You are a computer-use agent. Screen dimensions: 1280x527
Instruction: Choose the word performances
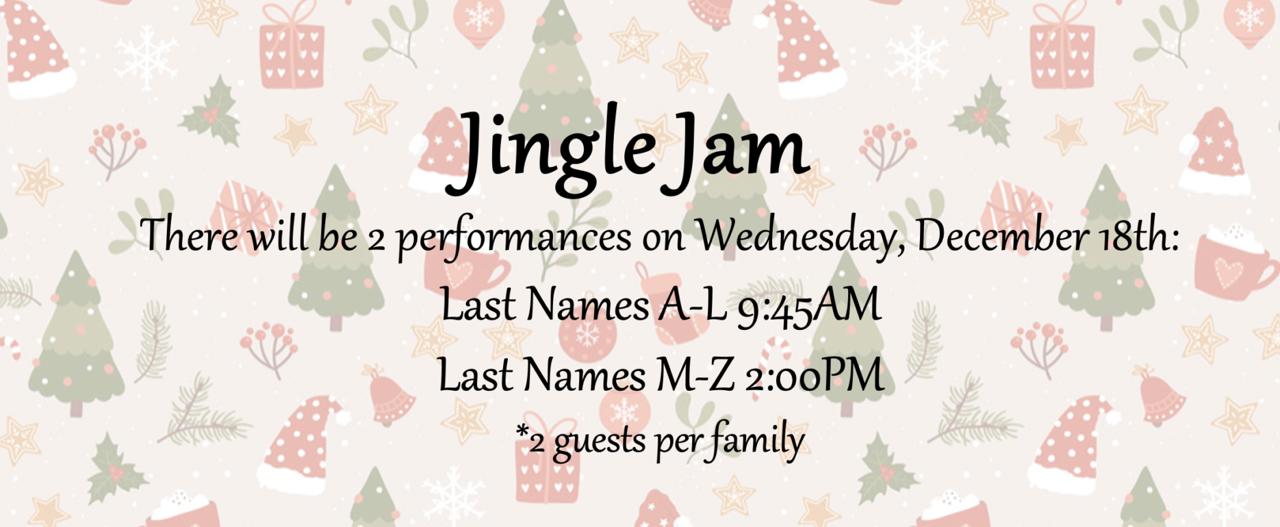514,238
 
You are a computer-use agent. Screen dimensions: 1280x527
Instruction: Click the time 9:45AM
808,306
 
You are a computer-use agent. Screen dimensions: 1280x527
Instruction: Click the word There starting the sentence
190,235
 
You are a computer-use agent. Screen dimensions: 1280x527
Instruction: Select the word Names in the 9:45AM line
587,305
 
